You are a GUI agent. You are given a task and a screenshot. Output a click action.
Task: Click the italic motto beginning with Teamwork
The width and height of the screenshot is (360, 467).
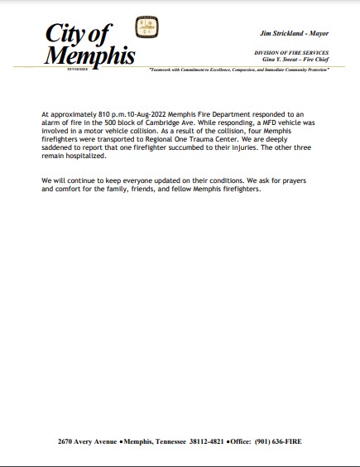[x=239, y=70]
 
